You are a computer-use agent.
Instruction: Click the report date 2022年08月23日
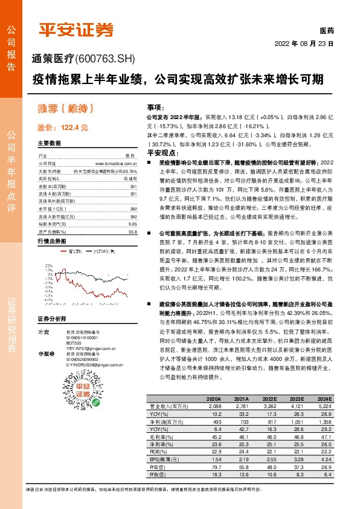click(304, 44)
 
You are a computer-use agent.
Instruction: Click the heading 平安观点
click(161, 154)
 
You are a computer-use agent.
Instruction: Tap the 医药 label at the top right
click(326, 30)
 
